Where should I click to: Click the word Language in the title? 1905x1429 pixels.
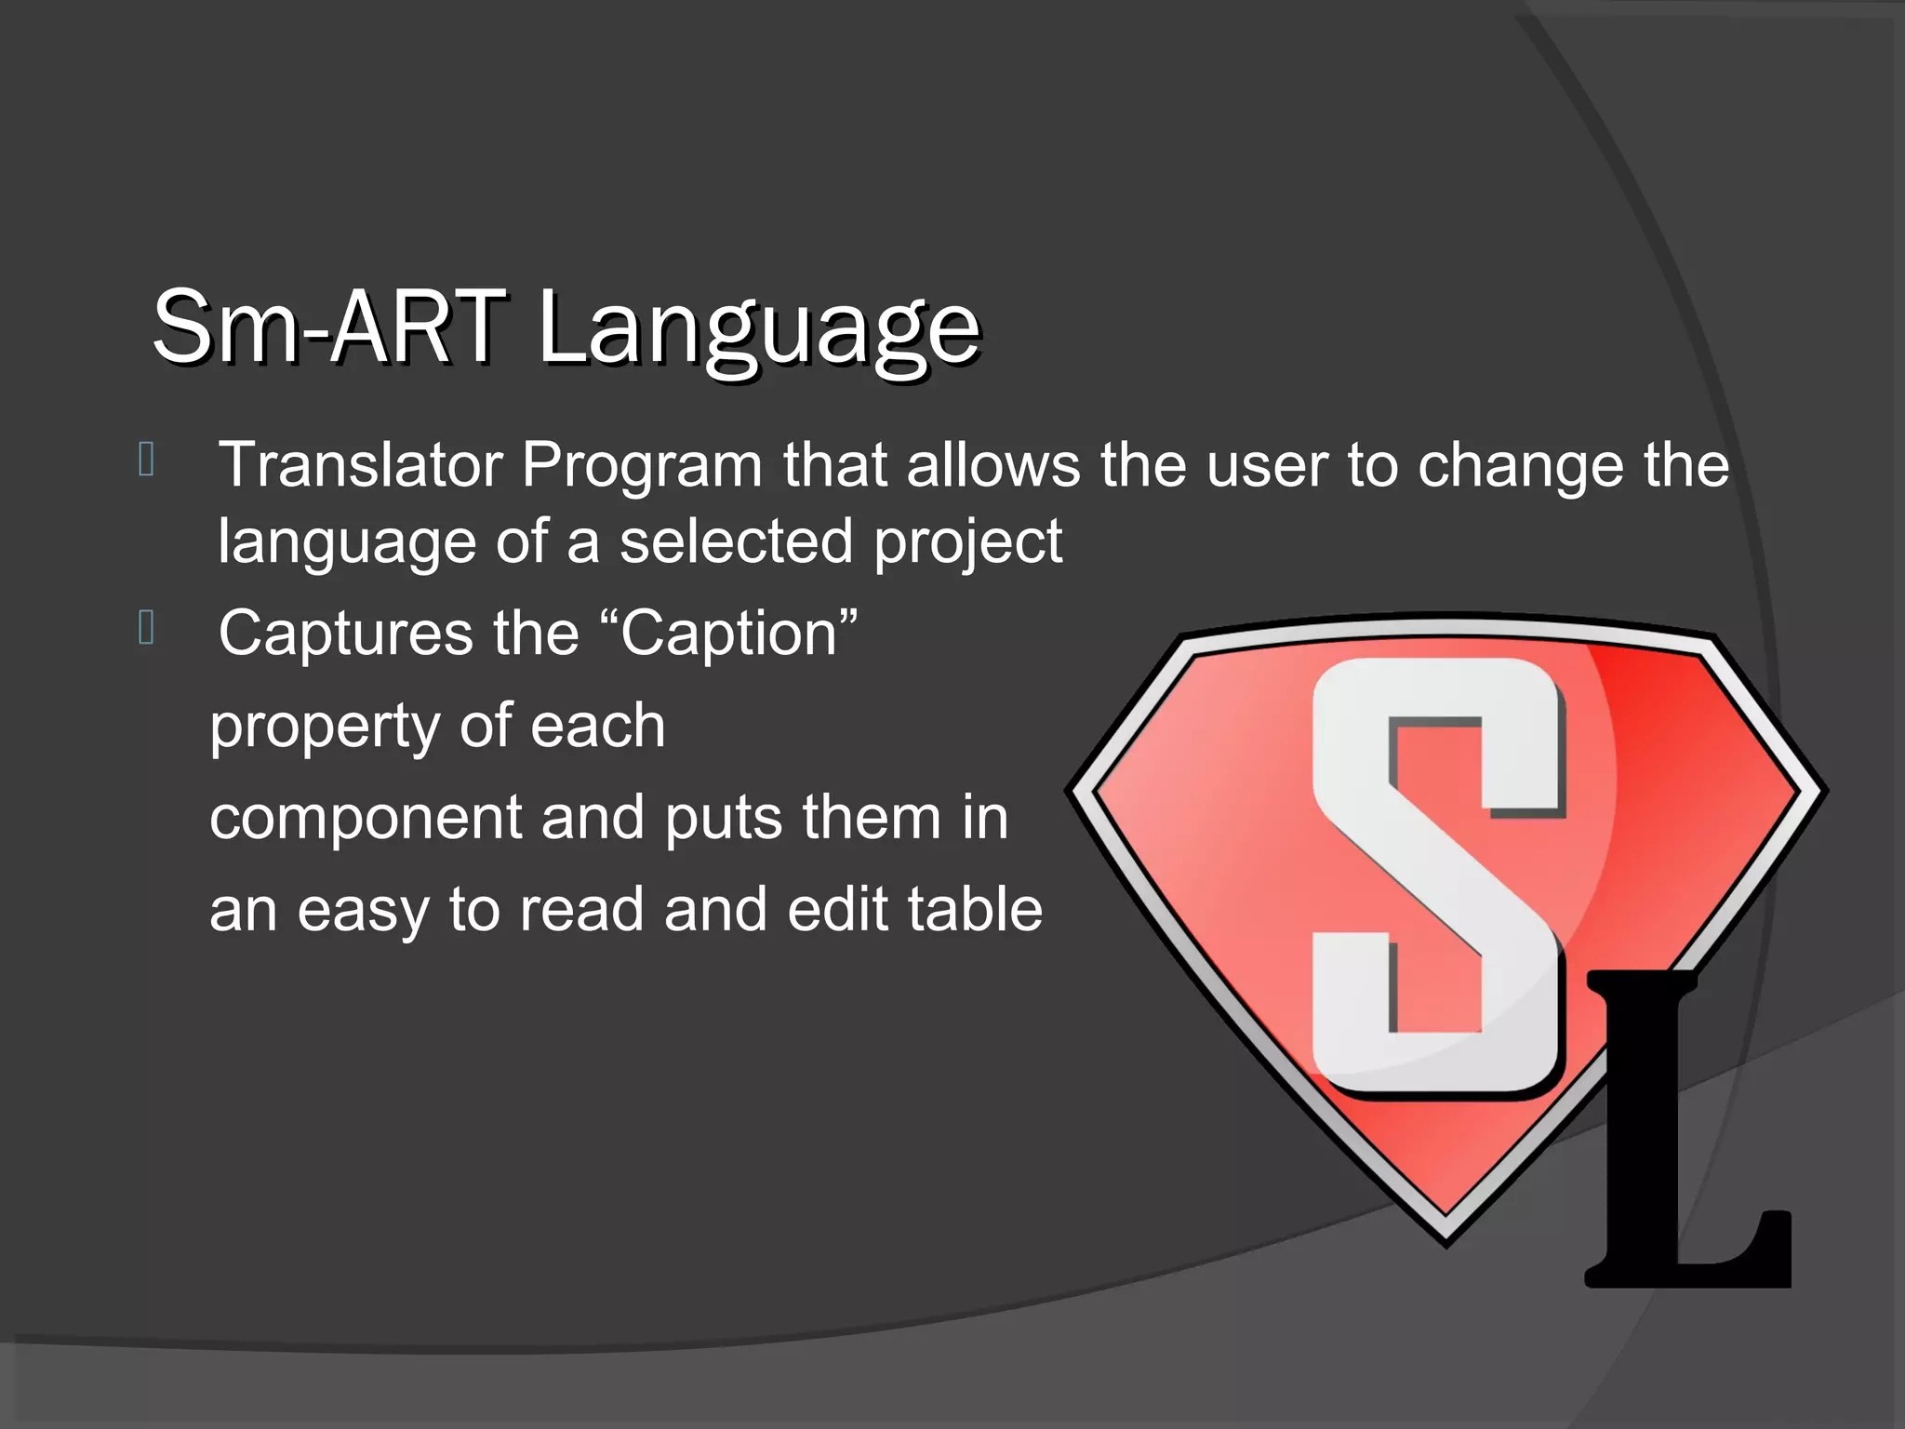click(758, 327)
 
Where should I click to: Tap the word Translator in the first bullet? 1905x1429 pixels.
click(361, 464)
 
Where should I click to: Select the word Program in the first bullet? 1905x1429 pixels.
click(642, 466)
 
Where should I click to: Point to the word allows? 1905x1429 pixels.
click(992, 464)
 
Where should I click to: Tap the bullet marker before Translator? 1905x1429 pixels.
click(146, 459)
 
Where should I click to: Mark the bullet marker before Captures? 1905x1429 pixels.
click(146, 627)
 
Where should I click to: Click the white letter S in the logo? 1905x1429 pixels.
click(1437, 875)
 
